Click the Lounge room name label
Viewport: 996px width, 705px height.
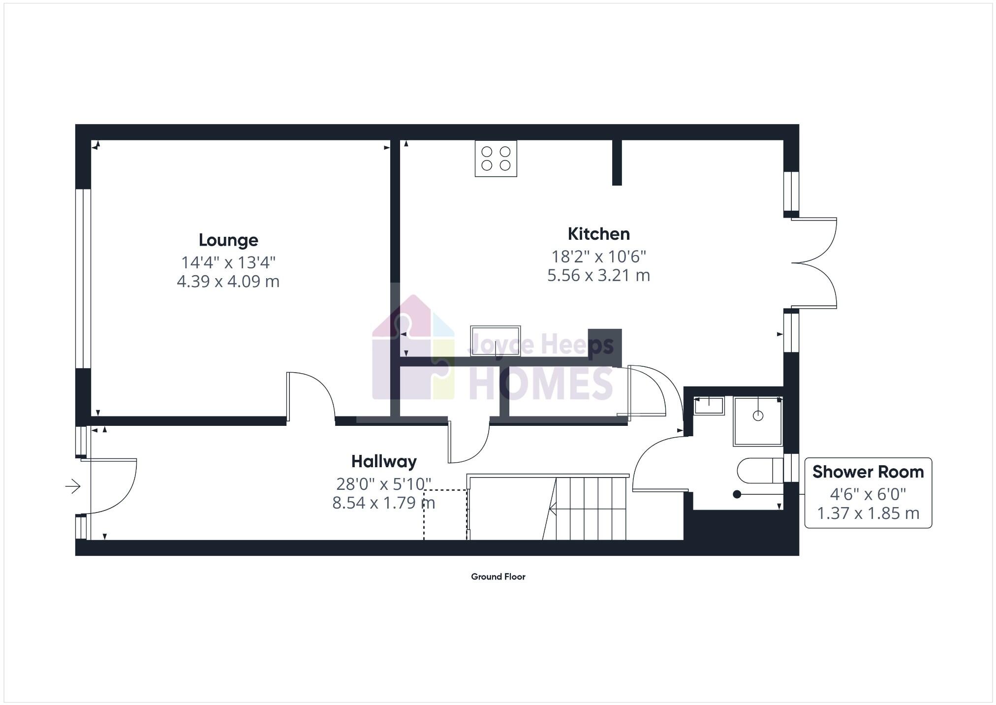[x=228, y=240]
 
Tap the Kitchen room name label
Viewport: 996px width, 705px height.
[x=598, y=234]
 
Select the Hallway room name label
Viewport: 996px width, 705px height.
[x=384, y=462]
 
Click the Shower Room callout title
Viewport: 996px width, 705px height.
[x=868, y=472]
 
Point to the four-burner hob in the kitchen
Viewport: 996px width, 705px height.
[x=496, y=159]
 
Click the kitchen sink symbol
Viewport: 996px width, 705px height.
[x=495, y=340]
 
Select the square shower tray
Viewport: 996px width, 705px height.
[x=757, y=421]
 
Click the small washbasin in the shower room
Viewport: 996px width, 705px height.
[x=709, y=406]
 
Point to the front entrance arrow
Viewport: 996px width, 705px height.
[x=73, y=486]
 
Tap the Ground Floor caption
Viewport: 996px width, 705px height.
[x=498, y=577]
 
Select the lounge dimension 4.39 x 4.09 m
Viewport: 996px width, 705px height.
[x=228, y=282]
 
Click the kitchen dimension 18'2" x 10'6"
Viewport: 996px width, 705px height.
[x=598, y=256]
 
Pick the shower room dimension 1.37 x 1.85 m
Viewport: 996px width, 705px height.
[x=868, y=513]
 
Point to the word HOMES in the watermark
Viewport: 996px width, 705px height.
[x=541, y=384]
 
